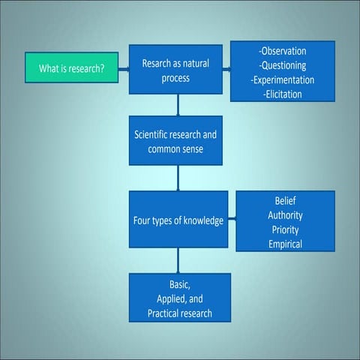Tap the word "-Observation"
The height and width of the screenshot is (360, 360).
point(283,52)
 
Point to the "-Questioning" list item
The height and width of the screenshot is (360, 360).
point(283,66)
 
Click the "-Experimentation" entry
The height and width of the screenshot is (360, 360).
point(283,80)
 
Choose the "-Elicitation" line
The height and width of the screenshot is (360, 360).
point(283,94)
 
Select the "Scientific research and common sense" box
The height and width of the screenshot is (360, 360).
point(178,142)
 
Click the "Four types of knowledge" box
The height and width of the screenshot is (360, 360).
point(178,220)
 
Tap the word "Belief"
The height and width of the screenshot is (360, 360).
point(285,201)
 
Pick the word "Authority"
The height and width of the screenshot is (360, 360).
point(285,215)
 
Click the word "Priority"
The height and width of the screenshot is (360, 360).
point(285,229)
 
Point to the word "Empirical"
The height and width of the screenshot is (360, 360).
point(285,244)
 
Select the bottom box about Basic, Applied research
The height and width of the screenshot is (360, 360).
point(179,298)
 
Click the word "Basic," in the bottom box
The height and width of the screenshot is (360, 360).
point(179,284)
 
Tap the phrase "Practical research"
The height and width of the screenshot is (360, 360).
point(179,313)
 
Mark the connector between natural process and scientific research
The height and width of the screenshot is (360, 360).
point(178,104)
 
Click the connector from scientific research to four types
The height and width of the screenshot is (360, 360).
point(178,178)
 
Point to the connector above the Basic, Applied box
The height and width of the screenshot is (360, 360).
point(178,260)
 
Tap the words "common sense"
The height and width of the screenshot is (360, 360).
point(178,149)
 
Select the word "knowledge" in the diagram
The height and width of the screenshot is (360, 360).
point(202,220)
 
